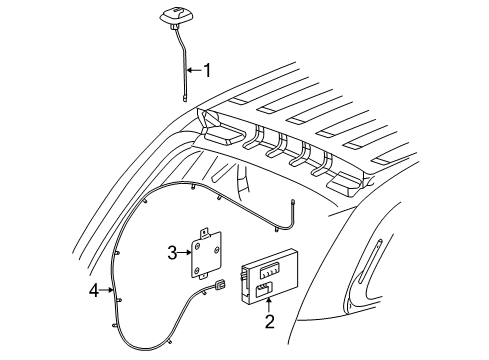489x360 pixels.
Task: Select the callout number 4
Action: click(95, 291)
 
